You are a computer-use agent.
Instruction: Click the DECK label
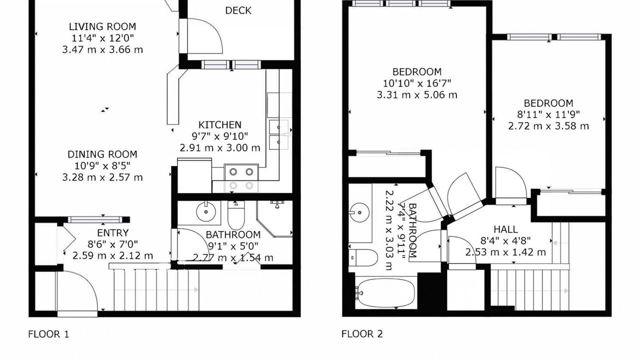pyautogui.click(x=238, y=10)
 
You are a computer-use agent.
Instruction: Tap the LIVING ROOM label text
pyautogui.click(x=102, y=26)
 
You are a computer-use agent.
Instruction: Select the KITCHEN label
pyautogui.click(x=219, y=125)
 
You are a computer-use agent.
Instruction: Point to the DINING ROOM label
pyautogui.click(x=102, y=154)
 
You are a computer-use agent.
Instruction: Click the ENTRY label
pyautogui.click(x=112, y=233)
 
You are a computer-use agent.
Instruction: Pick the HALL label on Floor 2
pyautogui.click(x=505, y=229)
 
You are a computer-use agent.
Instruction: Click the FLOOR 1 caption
pyautogui.click(x=48, y=334)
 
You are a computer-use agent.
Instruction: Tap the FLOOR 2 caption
pyautogui.click(x=362, y=333)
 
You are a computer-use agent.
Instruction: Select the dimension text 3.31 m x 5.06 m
pyautogui.click(x=417, y=95)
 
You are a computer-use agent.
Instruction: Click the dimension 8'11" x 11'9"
pyautogui.click(x=548, y=114)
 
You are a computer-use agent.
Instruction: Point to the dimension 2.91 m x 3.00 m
pyautogui.click(x=220, y=148)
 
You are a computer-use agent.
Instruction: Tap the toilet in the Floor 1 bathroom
pyautogui.click(x=236, y=215)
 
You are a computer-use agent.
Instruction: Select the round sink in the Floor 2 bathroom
pyautogui.click(x=359, y=212)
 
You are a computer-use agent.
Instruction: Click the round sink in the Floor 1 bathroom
pyautogui.click(x=206, y=211)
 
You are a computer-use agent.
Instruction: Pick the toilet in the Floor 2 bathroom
pyautogui.click(x=363, y=257)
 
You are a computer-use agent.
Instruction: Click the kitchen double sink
pyautogui.click(x=279, y=134)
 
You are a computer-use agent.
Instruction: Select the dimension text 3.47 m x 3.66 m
pyautogui.click(x=102, y=49)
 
